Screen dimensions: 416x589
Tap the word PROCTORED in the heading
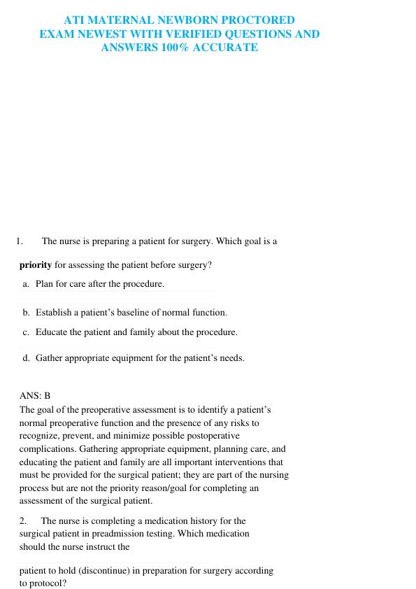click(x=255, y=20)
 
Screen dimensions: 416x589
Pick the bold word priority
click(x=36, y=265)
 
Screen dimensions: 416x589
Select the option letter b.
click(x=26, y=313)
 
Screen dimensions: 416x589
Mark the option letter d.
click(x=26, y=357)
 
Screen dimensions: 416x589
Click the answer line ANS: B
click(x=35, y=396)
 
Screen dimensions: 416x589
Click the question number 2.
click(x=23, y=521)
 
